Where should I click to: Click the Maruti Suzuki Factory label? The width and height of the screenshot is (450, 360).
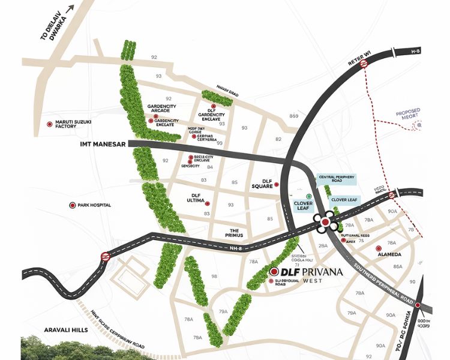tap(74, 124)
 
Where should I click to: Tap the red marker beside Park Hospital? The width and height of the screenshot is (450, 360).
tap(73, 205)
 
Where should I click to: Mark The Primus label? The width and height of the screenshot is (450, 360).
tap(235, 233)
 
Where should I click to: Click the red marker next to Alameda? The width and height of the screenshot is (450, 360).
tap(379, 248)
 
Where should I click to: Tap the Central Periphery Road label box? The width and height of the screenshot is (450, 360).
tap(337, 179)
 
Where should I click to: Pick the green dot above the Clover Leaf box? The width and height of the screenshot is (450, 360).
tap(309, 196)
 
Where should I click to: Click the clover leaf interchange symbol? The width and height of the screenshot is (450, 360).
tap(325, 223)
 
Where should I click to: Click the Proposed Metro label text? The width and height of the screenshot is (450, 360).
tap(407, 115)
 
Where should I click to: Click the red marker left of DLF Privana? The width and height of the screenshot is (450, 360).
tap(274, 272)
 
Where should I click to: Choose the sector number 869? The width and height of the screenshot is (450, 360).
tap(293, 115)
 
